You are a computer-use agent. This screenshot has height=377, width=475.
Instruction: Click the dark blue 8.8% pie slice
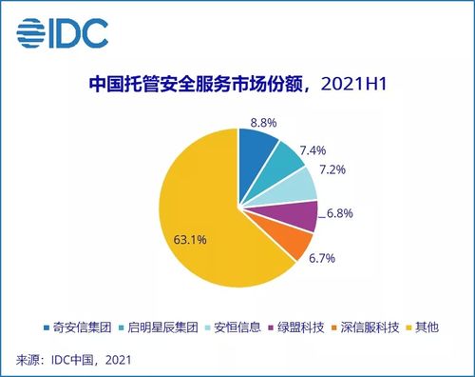pos(255,146)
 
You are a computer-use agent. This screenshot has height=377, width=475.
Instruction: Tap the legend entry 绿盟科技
pos(290,327)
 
